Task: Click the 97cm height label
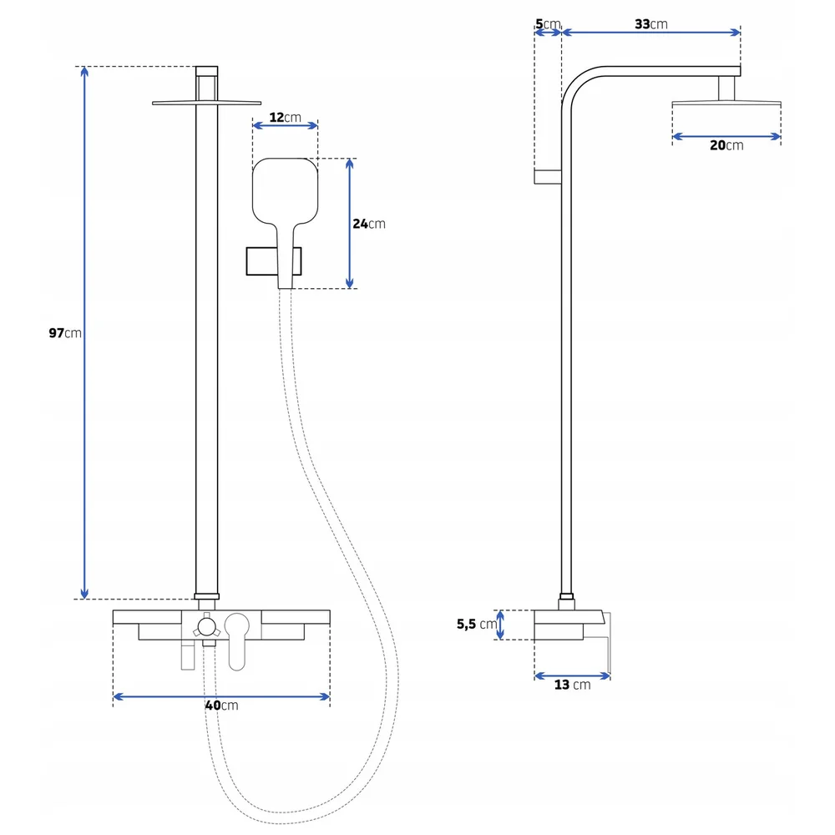65,333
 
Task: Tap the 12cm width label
285,117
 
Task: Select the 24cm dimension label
368,224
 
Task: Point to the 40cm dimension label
221,705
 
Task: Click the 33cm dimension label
650,24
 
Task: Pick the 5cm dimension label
548,24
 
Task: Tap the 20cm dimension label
726,144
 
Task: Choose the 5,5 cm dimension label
477,624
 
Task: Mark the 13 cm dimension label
573,685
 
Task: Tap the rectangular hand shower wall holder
274,261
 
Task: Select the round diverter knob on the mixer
206,627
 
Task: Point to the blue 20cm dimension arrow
726,136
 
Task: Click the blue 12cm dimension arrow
285,126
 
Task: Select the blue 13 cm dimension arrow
572,676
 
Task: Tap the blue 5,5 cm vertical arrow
499,625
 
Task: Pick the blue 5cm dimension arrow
548,33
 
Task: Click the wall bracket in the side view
548,177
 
